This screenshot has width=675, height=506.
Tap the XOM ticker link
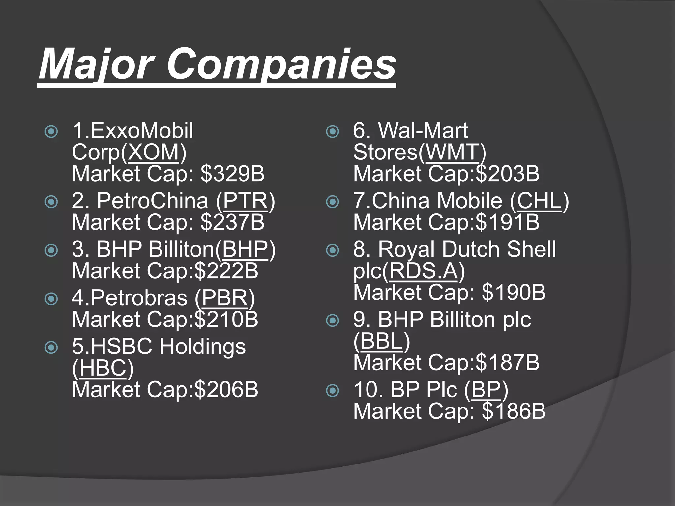coord(153,152)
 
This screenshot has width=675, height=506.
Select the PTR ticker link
coord(246,201)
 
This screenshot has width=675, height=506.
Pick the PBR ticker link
coord(225,298)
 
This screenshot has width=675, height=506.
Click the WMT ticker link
coord(452,152)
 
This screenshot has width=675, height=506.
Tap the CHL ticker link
coord(539,201)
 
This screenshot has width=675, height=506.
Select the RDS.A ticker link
coord(424,271)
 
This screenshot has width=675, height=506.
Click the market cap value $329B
coord(233,174)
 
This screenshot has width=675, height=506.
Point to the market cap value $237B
coord(233,222)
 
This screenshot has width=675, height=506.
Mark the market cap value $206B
coord(226,389)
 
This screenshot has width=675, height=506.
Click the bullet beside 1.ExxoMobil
coord(51,132)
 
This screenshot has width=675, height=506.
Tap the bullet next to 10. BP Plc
coord(333,391)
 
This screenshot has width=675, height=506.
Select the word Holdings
coord(203,347)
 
